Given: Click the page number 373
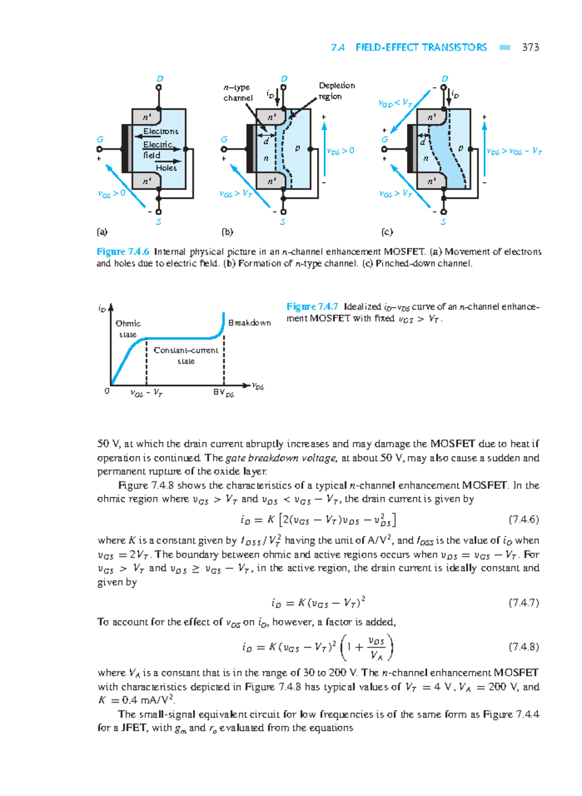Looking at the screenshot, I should pyautogui.click(x=530, y=47).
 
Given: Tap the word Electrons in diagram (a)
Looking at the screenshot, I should pyautogui.click(x=161, y=131).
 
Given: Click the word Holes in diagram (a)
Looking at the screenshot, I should pyautogui.click(x=166, y=168).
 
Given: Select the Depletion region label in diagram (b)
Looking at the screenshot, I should pyautogui.click(x=336, y=91).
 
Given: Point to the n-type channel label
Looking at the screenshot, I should pyautogui.click(x=238, y=93).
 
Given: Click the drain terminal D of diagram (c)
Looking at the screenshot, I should pyautogui.click(x=444, y=79).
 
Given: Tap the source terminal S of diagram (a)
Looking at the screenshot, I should pyautogui.click(x=159, y=222).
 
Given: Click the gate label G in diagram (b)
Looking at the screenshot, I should pyautogui.click(x=224, y=140).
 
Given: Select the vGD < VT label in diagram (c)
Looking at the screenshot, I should pyautogui.click(x=395, y=103).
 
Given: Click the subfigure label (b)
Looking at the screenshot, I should pyautogui.click(x=227, y=232).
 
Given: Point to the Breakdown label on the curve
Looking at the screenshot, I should pyautogui.click(x=249, y=323).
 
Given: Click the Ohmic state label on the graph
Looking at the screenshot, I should pyautogui.click(x=128, y=329).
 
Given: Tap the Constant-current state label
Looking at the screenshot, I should pyautogui.click(x=186, y=356).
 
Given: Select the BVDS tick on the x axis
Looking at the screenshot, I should pyautogui.click(x=223, y=392).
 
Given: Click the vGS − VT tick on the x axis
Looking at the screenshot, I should pyautogui.click(x=146, y=393).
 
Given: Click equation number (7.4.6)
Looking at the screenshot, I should pyautogui.click(x=524, y=520).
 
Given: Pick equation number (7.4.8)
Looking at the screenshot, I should pyautogui.click(x=524, y=647).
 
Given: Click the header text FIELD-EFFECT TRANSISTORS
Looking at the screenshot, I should pyautogui.click(x=420, y=47).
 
